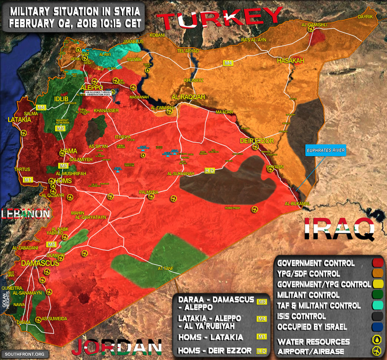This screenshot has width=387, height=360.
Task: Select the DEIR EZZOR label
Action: tap(257, 141)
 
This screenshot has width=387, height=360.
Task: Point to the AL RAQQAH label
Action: tap(188, 97)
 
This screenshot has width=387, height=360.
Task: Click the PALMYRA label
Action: tap(148, 192)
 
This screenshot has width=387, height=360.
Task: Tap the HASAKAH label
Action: tap(290, 61)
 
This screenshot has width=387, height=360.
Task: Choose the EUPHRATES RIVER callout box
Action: tap(325, 150)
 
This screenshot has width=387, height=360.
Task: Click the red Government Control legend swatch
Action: tap(377, 263)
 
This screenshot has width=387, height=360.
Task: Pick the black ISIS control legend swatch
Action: tap(377, 316)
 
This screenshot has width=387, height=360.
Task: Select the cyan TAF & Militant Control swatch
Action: tap(377, 305)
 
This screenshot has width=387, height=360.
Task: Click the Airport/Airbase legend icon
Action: tap(377, 351)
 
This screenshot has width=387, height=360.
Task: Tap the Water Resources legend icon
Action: tap(377, 341)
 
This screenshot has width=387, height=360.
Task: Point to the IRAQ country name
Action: tap(339, 229)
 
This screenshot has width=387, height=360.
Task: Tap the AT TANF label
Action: tap(165, 268)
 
